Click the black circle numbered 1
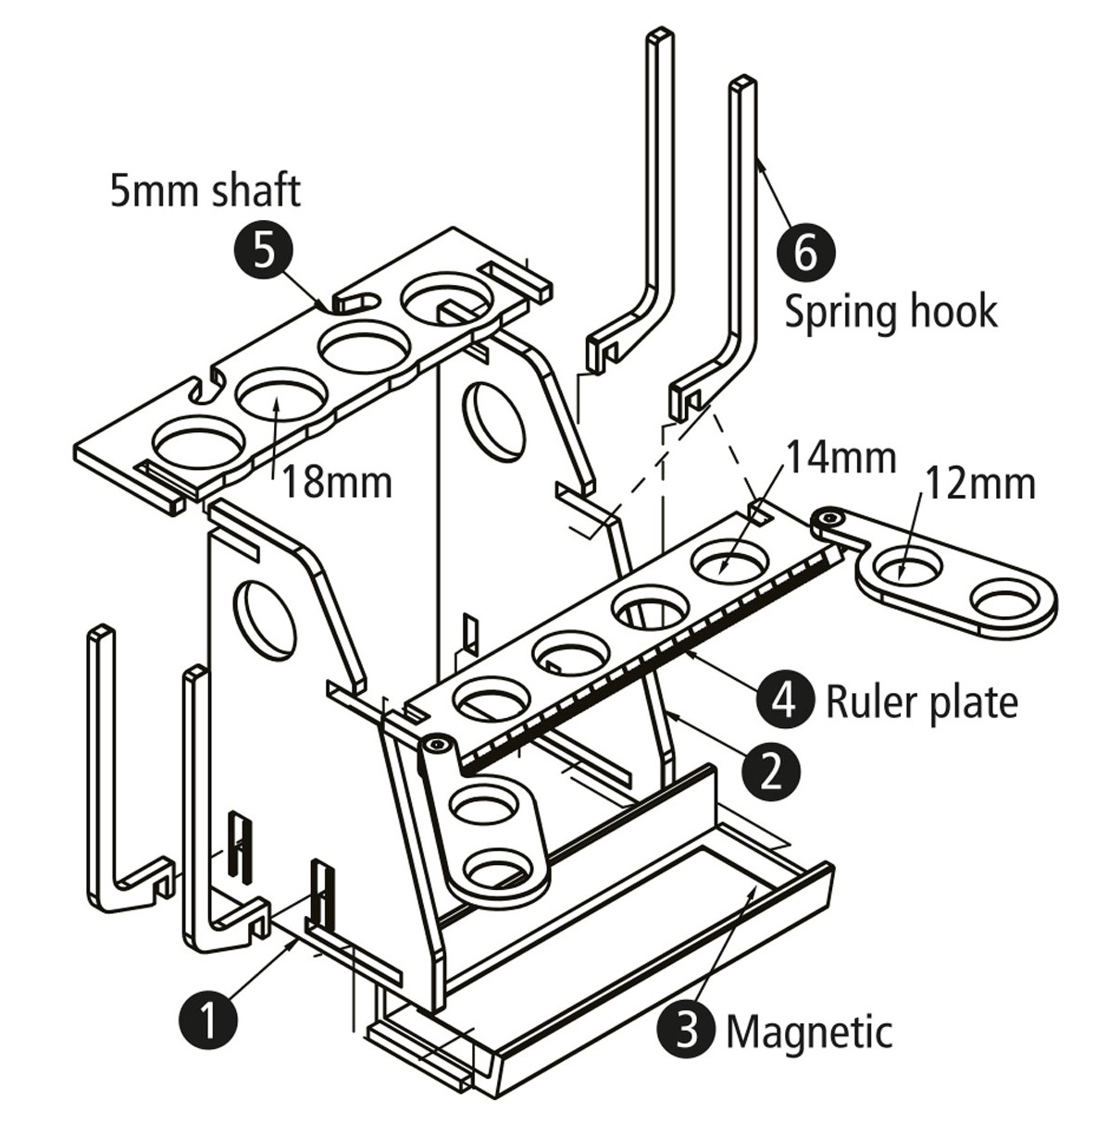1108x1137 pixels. point(208,1020)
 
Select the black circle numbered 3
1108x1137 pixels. point(687,1029)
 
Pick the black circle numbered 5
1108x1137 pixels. point(264,251)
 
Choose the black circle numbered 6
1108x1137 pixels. point(805,251)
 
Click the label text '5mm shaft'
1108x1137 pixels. point(205,191)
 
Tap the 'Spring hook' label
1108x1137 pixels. point(890,312)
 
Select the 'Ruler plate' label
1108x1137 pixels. point(921,702)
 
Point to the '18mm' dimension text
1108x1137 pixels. point(337,483)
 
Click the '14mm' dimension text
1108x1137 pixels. point(840,457)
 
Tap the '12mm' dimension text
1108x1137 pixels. point(980,484)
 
